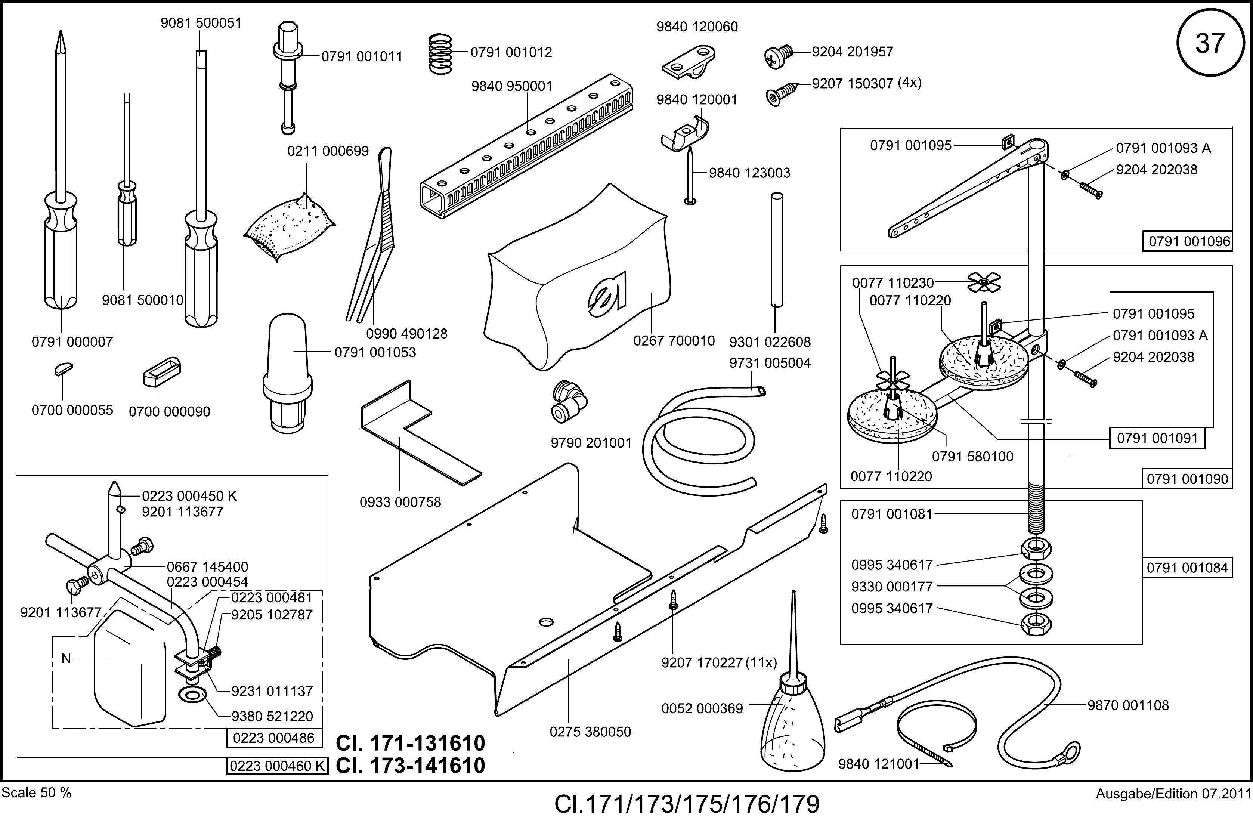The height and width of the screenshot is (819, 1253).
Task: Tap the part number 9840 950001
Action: tap(512, 86)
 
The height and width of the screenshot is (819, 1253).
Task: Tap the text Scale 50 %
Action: tap(37, 793)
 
